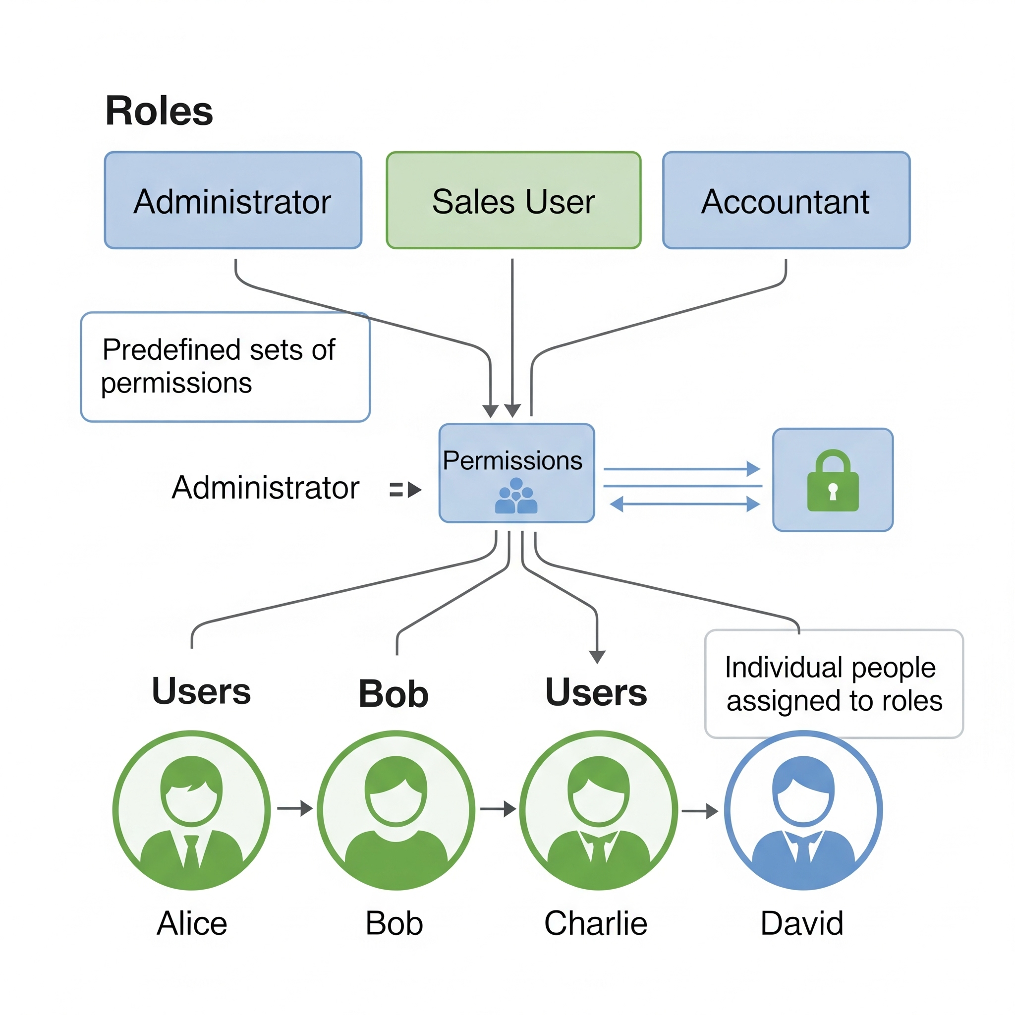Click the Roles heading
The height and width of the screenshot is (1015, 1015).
point(159,112)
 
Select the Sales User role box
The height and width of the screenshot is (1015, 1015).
point(513,200)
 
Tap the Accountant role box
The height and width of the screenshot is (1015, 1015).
point(786,200)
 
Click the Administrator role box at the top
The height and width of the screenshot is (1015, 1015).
point(233,200)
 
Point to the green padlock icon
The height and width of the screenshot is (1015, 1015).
point(833,481)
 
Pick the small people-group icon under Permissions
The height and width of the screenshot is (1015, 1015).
point(516,496)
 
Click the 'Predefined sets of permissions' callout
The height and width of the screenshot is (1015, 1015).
point(225,367)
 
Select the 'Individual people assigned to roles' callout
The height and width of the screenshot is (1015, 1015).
point(834,683)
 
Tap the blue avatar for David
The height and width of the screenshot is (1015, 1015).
point(803,810)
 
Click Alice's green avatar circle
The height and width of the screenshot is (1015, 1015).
point(192,810)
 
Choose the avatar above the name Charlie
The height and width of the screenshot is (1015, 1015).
point(598,810)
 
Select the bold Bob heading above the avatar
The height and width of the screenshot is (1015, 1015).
point(394,693)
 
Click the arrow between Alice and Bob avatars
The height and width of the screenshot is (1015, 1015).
point(295,808)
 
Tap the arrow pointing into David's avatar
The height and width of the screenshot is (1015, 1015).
point(700,811)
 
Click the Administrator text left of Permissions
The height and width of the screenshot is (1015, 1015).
point(265,488)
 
